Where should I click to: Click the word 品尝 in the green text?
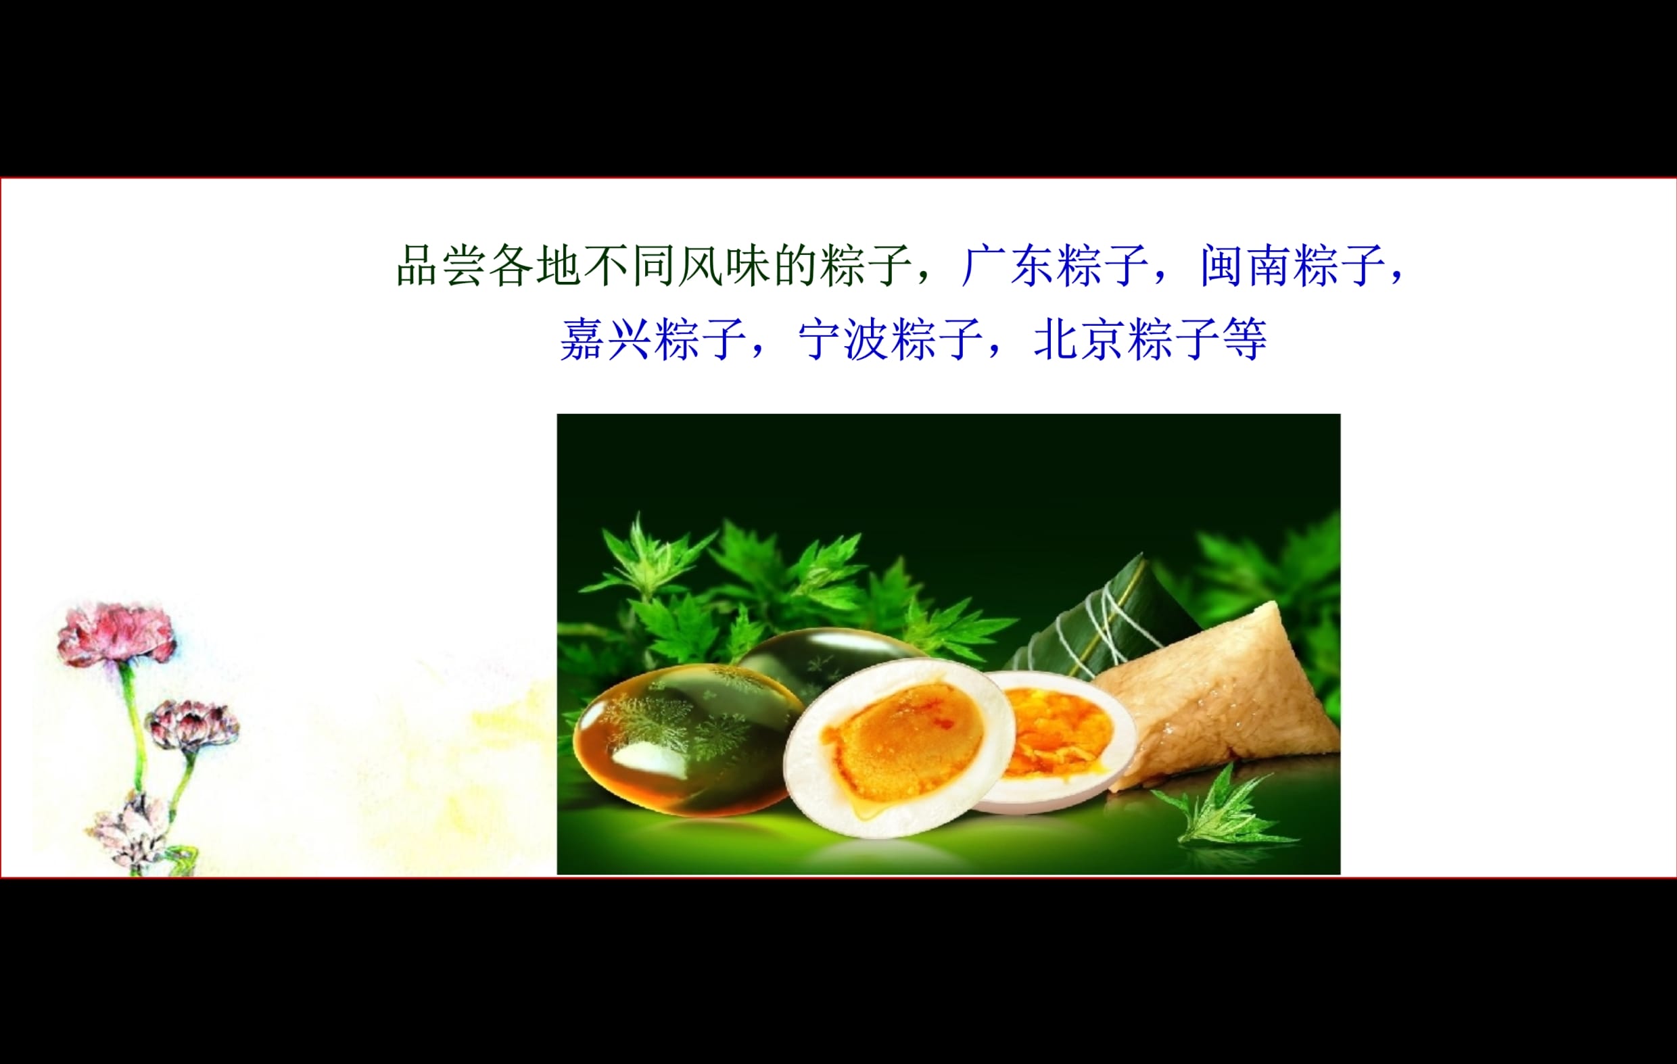click(441, 265)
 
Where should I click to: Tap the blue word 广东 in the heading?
click(1008, 265)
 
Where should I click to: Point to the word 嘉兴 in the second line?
click(606, 339)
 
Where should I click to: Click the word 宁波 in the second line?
click(844, 339)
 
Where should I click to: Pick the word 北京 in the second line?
click(1080, 339)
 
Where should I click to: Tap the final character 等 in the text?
click(1244, 339)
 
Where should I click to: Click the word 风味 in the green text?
click(724, 265)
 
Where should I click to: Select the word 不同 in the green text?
click(630, 265)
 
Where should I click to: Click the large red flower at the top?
click(116, 633)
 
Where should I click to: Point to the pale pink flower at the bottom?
click(129, 832)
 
